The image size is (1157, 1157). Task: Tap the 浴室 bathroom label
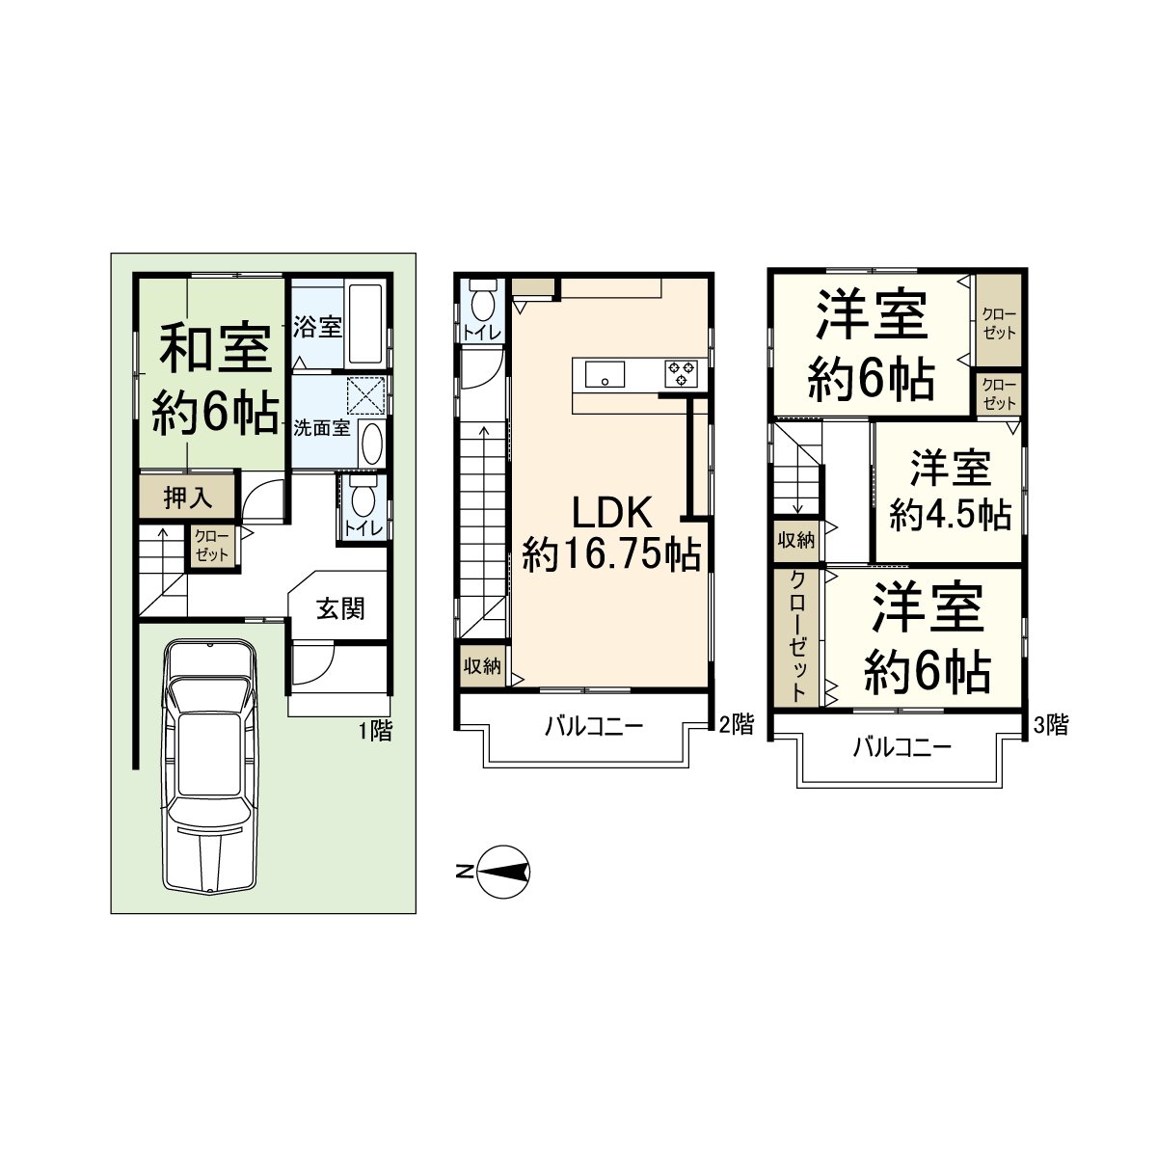click(x=317, y=327)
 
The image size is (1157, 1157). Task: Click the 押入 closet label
click(x=186, y=498)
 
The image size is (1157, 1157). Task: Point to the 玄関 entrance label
click(x=341, y=609)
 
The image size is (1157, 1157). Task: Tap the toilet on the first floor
click(x=363, y=502)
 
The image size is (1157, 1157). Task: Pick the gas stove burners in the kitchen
click(x=682, y=372)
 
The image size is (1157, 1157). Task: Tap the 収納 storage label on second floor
click(x=482, y=666)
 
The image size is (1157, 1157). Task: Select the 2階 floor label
click(x=737, y=725)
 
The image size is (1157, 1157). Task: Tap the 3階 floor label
click(x=1050, y=725)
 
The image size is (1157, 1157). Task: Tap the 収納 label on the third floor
click(x=796, y=540)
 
